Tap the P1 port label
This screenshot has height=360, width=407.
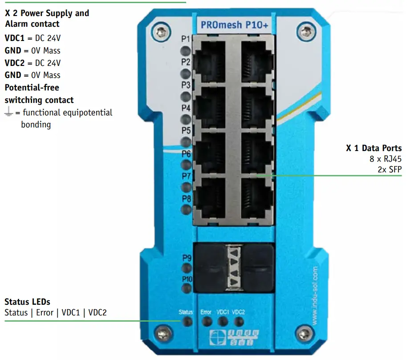pos(186,39)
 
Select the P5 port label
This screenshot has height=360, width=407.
pos(186,131)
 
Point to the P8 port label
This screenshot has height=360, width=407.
pos(186,198)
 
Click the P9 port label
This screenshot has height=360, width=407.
pos(187,258)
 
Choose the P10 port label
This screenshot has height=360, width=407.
pos(187,278)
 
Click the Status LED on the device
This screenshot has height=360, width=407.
pos(187,322)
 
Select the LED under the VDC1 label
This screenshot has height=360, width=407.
pos(223,322)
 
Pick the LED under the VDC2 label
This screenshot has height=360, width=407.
pos(239,322)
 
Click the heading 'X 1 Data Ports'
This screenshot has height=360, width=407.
pos(374,148)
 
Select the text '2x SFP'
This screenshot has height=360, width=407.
pos(389,169)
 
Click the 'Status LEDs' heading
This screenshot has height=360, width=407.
pos(27,302)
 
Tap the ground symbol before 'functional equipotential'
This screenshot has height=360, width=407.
pos(8,113)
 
